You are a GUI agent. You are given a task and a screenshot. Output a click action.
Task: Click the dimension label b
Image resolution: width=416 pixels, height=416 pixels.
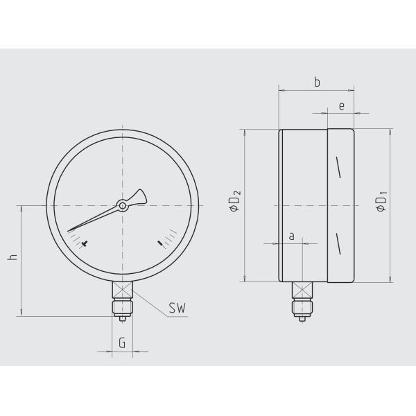point(317,83)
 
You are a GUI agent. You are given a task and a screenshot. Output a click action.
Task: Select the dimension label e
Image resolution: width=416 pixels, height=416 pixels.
point(342,106)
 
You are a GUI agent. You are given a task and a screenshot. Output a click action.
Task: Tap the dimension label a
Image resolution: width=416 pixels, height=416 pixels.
point(292,236)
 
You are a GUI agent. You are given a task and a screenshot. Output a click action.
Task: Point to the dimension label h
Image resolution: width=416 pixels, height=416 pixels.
point(12,257)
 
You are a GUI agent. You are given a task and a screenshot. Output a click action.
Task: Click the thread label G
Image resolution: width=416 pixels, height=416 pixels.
point(122,343)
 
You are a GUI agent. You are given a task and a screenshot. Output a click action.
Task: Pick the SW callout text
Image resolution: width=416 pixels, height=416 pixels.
point(177,308)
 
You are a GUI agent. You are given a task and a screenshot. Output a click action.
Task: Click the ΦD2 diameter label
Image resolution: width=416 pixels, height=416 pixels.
point(235,201)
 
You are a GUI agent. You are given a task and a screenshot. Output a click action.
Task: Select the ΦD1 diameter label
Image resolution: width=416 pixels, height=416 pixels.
point(381,201)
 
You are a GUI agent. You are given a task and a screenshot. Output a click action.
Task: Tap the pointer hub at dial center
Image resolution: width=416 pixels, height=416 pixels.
point(122,205)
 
